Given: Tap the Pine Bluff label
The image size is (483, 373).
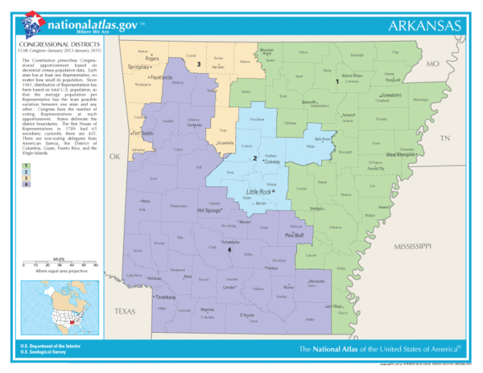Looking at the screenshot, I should (x=295, y=235).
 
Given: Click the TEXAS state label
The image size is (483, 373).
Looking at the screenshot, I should (x=126, y=310).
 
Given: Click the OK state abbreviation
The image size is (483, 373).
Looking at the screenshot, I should (x=114, y=156).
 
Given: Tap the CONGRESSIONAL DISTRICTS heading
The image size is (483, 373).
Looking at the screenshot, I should (x=53, y=43).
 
